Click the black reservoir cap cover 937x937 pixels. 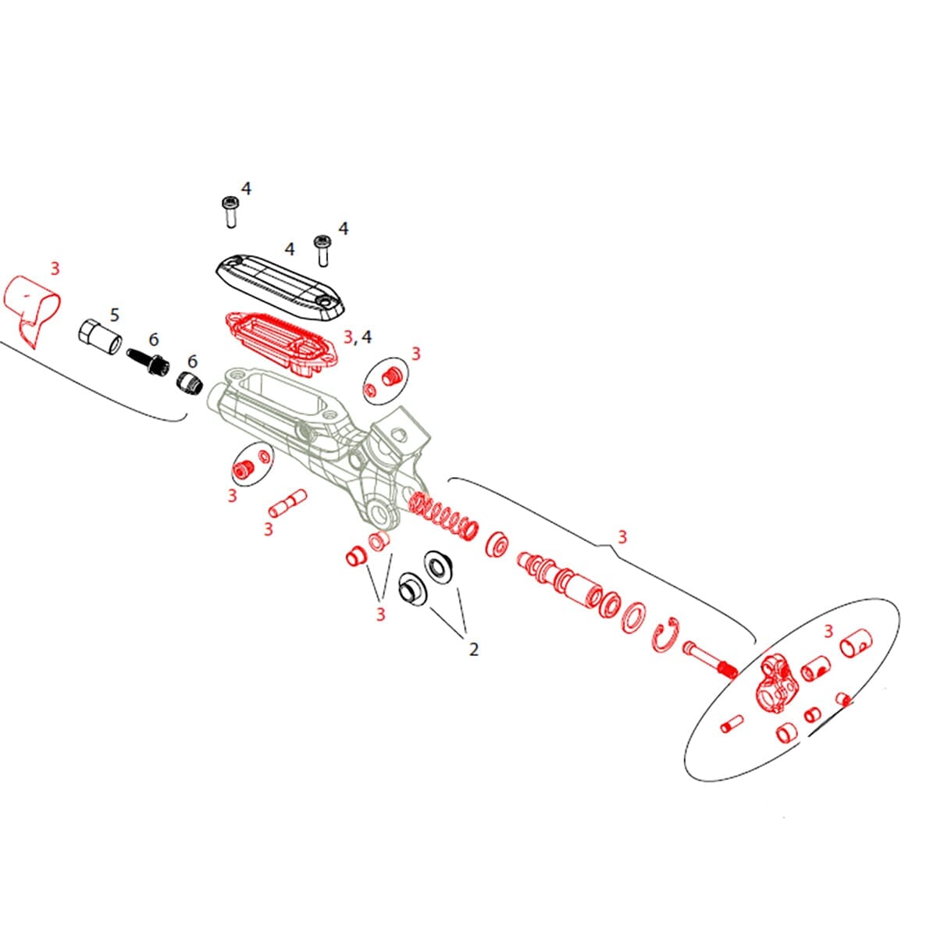[x=280, y=284]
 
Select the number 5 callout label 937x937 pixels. [x=115, y=315]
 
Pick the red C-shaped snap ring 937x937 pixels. [x=664, y=633]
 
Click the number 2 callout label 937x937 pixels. [x=473, y=649]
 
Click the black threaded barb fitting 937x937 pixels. [x=149, y=363]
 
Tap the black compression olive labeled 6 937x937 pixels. [x=190, y=383]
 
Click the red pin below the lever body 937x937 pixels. [x=287, y=503]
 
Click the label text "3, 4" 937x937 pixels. [x=358, y=337]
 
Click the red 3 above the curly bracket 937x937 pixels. [x=622, y=537]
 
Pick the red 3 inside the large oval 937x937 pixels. [x=828, y=631]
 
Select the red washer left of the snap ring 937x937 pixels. [x=633, y=618]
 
